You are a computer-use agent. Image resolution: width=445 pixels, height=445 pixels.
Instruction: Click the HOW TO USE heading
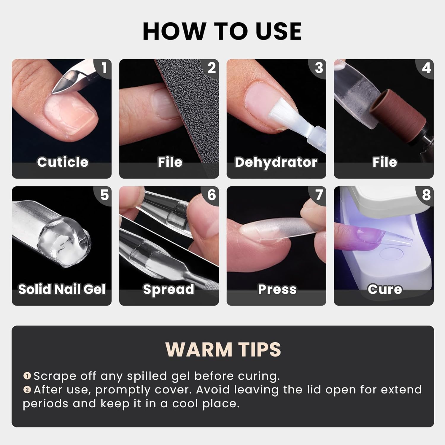click(x=222, y=31)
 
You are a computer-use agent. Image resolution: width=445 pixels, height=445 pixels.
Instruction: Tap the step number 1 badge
click(x=104, y=68)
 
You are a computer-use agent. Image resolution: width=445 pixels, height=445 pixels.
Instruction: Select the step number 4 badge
click(x=426, y=68)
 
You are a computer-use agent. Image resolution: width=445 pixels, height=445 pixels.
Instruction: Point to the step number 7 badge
click(x=319, y=195)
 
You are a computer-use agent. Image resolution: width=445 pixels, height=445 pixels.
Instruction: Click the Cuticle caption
click(x=63, y=162)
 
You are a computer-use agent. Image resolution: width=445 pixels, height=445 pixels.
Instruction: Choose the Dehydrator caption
click(x=276, y=162)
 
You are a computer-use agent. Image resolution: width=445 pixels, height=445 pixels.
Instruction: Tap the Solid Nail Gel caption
click(x=62, y=289)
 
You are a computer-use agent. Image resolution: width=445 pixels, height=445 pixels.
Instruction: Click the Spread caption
click(x=169, y=289)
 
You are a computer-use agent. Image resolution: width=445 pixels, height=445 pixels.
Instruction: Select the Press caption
click(x=277, y=289)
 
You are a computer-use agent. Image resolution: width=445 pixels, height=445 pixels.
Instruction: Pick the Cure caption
click(x=385, y=289)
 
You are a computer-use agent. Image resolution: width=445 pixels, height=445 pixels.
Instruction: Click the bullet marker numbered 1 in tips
click(x=27, y=376)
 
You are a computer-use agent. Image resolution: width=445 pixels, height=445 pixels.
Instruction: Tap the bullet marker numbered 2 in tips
click(x=27, y=390)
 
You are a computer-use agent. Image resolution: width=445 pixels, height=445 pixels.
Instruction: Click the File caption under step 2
click(x=170, y=162)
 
